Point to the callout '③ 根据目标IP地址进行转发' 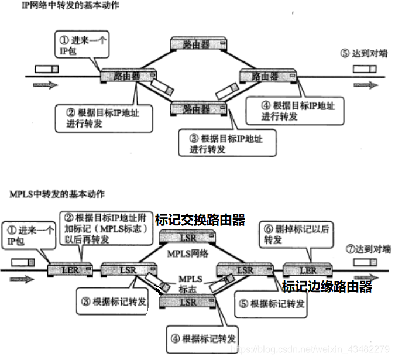click(226, 143)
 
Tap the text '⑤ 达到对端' click(363, 53)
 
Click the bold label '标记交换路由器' click(200, 220)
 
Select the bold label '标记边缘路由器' click(327, 287)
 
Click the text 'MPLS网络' click(188, 255)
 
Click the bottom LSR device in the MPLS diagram click(188, 301)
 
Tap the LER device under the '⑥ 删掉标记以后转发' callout click(307, 270)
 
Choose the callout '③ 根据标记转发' click(113, 302)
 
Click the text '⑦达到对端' click(367, 249)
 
